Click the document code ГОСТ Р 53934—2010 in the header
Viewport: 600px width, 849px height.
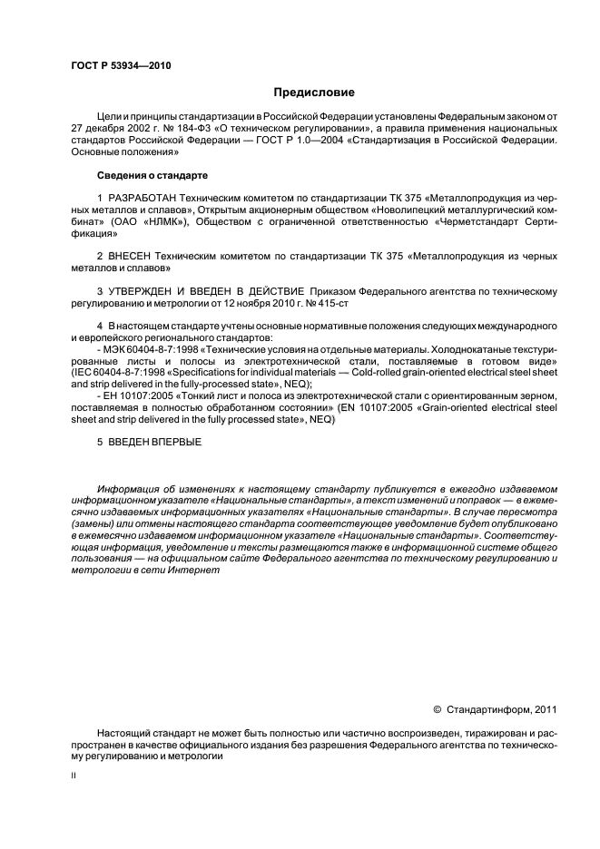[120, 66]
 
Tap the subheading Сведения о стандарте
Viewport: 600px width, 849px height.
[152, 174]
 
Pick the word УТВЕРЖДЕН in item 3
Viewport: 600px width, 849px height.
[145, 290]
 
